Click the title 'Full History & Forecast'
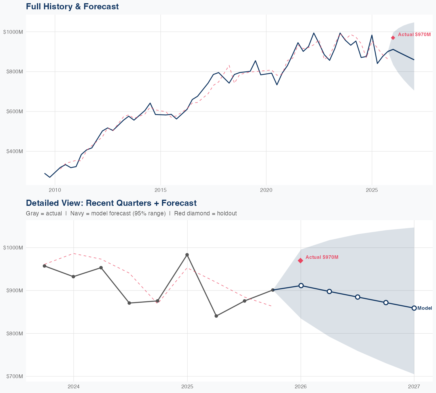[x=72, y=6]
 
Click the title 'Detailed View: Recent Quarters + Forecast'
[x=111, y=203]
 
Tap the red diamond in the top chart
[x=393, y=38]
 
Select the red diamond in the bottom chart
[x=301, y=261]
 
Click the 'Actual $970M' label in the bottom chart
[x=322, y=257]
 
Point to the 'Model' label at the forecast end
[x=425, y=308]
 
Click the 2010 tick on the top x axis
[x=55, y=190]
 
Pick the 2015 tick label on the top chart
[x=160, y=190]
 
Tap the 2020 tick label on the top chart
[x=266, y=190]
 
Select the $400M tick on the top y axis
[x=13, y=151]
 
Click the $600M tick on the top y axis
[x=13, y=111]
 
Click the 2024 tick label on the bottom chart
[x=74, y=387]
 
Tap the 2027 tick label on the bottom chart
[x=414, y=387]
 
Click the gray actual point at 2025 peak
[x=187, y=255]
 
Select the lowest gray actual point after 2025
[x=216, y=316]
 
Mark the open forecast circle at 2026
[x=301, y=286]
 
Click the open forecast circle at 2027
[x=414, y=308]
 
